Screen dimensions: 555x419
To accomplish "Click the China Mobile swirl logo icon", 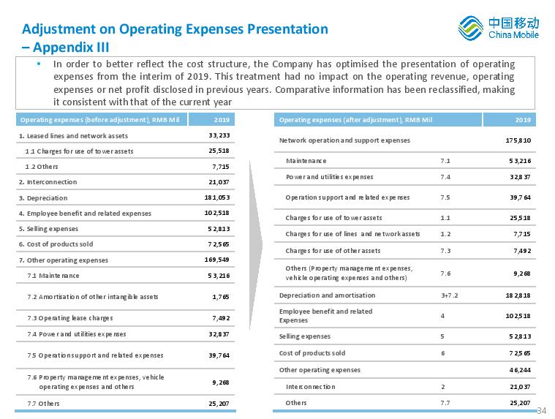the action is pos(471,28).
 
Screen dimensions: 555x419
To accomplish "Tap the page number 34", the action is pos(542,410).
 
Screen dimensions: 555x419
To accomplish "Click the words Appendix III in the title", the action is pos(71,48).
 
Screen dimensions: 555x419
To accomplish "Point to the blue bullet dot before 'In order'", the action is pos(39,64).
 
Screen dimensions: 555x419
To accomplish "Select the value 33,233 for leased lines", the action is pos(219,135).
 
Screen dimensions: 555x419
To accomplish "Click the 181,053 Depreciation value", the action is pos(217,197).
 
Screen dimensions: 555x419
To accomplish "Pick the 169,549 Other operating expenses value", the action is pos(217,260).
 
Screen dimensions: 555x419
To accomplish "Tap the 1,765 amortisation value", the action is pos(221,297).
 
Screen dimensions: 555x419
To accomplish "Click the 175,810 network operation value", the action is pos(518,140).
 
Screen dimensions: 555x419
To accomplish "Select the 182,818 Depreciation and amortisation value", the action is pos(518,295).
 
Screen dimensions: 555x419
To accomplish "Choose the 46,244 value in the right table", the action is pos(520,370).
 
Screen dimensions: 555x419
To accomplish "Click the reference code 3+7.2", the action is pos(450,295).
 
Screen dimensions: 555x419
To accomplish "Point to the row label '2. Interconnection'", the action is pos(48,182).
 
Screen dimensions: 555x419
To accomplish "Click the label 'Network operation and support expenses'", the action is pos(344,140).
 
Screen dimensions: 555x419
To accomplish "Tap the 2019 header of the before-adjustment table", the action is pos(222,120).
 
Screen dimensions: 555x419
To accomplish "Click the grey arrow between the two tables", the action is pos(256,245).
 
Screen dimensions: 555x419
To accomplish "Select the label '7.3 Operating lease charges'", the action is pos(70,318).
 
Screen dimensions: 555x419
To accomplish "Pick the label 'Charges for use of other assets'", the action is pos(333,251).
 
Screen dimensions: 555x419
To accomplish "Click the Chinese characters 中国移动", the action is pos(513,23).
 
